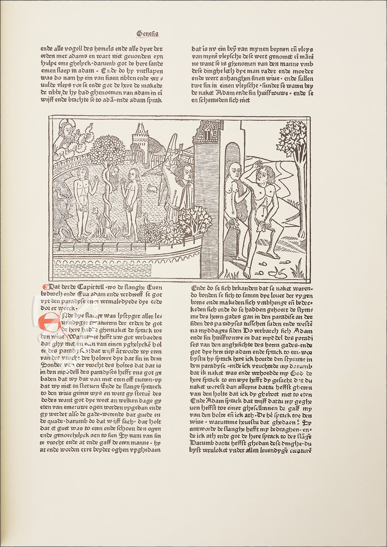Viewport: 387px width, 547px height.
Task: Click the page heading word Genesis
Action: [147, 34]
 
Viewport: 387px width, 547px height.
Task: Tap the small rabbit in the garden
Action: [152, 189]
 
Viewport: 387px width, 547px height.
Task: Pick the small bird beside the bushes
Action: [146, 219]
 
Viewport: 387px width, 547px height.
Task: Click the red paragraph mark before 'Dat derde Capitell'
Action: [44, 288]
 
